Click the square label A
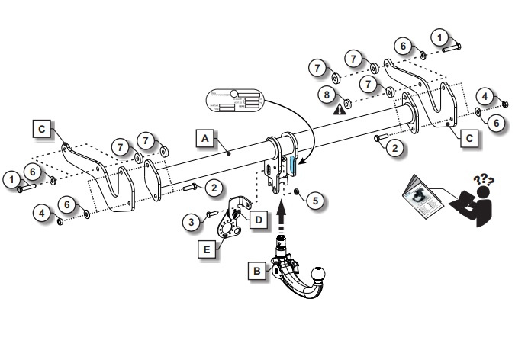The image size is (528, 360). pos(204,138)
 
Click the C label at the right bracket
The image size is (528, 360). pos(470,137)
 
